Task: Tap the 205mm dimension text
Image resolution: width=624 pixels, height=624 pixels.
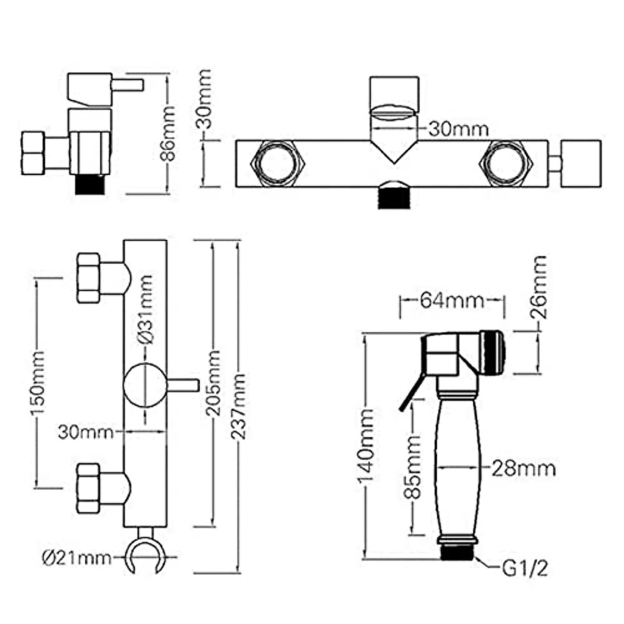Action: click(213, 384)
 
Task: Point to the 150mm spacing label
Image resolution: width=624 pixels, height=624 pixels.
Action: click(37, 383)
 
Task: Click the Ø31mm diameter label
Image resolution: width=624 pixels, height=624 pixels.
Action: click(146, 309)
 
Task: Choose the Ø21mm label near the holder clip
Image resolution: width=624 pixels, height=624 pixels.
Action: click(76, 558)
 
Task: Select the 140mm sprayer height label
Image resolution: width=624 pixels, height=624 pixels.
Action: click(366, 446)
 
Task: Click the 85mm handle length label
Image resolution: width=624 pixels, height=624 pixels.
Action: click(412, 467)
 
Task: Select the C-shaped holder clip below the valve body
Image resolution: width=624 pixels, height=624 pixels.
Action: click(145, 556)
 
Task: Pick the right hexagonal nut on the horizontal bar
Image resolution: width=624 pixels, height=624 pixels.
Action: click(505, 164)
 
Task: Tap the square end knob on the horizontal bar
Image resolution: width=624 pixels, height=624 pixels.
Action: click(581, 163)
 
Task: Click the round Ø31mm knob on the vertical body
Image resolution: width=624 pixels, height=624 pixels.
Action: click(144, 385)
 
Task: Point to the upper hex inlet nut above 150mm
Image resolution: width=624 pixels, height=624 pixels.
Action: click(89, 278)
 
